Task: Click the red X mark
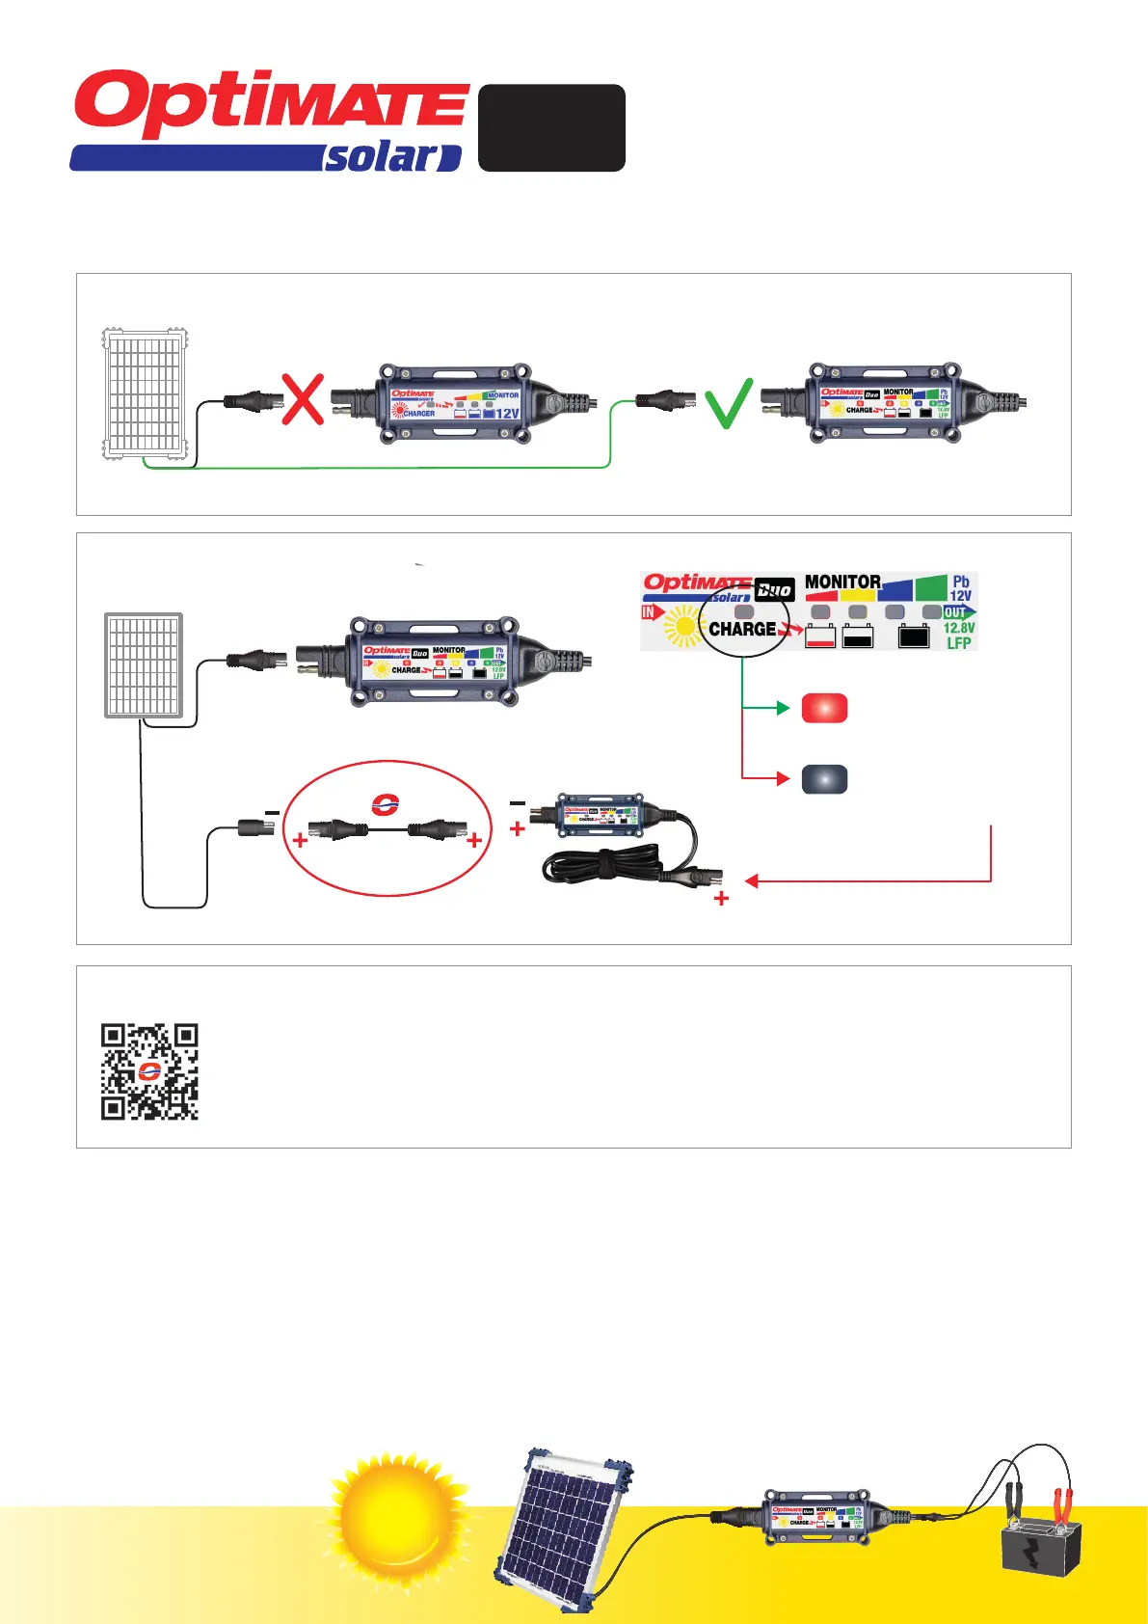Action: [x=303, y=399]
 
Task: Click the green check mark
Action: [x=728, y=403]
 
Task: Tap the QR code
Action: [x=149, y=1071]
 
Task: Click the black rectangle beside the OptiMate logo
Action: [x=551, y=127]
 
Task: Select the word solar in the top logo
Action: [x=382, y=157]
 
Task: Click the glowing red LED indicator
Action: [x=824, y=708]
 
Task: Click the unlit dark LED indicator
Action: [x=824, y=778]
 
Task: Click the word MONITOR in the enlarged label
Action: [x=842, y=582]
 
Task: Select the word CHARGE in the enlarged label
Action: [x=742, y=629]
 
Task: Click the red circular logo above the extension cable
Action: [x=386, y=804]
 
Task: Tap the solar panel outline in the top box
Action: [x=145, y=393]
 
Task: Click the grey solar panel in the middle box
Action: [x=144, y=665]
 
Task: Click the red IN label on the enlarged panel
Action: [x=649, y=612]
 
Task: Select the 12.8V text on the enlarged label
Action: [x=958, y=628]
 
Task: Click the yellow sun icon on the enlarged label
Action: [x=683, y=627]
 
